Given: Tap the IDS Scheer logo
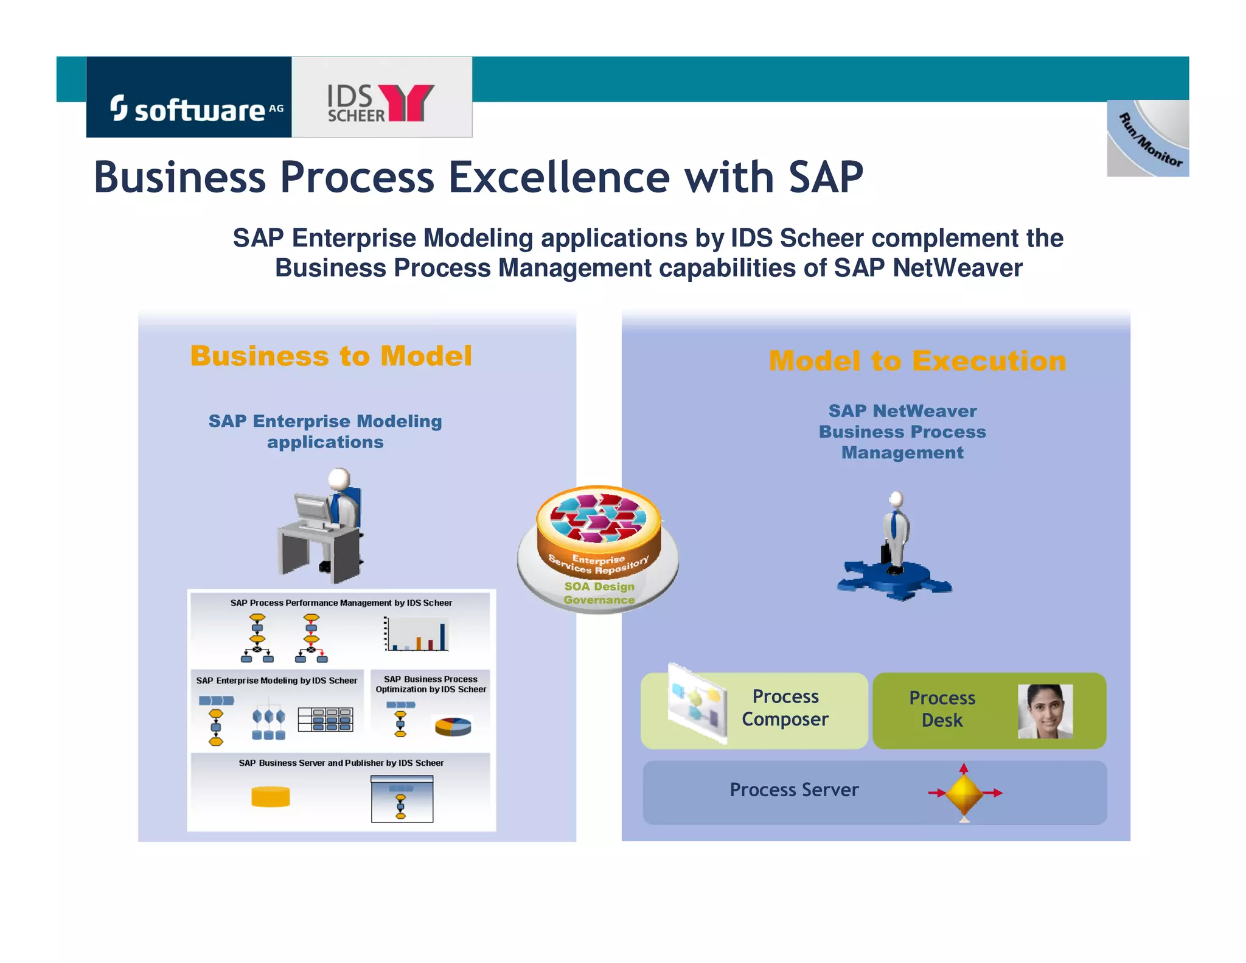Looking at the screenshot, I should (x=381, y=102).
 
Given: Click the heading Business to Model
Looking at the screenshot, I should (x=331, y=356).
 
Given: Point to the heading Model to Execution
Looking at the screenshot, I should (x=917, y=361).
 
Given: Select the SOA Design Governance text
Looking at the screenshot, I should (x=599, y=593).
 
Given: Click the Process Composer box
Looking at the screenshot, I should (x=754, y=710).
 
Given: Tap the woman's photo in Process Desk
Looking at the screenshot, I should (x=1045, y=711).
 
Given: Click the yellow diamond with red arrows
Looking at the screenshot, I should (x=964, y=793).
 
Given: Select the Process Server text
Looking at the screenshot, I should (x=794, y=790).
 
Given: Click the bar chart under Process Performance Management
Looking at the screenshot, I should (x=417, y=634).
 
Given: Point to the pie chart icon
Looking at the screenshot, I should (x=453, y=726).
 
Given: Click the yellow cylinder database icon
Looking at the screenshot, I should (x=271, y=796).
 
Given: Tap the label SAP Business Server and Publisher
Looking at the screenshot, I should (x=341, y=763).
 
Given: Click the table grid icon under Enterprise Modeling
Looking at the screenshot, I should (x=325, y=720).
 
